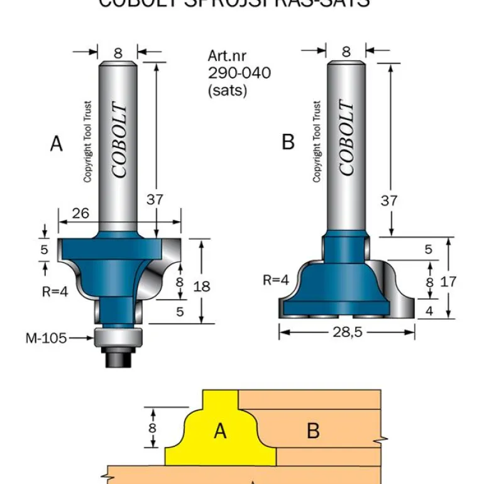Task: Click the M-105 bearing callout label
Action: coord(46,338)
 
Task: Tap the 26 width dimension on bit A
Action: coord(80,213)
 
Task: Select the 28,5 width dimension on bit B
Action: coord(347,333)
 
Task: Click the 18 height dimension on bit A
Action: coord(202,286)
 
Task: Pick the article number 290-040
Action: coord(239,73)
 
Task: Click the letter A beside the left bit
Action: coord(57,145)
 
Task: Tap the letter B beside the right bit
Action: coord(288,143)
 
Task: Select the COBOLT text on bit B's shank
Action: coord(347,138)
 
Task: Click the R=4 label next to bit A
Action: coord(55,291)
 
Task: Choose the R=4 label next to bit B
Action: coord(276,280)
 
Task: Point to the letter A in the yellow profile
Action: coord(219,431)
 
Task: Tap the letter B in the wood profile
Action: coord(313,431)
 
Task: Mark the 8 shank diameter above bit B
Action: coord(346,52)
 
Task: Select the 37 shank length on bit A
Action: coord(155,199)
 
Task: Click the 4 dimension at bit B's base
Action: coord(429,311)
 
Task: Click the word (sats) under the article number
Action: coord(228,90)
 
